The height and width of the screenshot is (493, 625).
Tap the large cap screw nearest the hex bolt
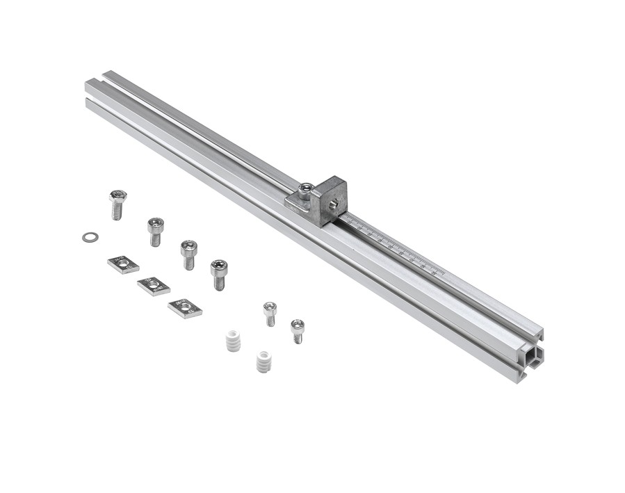(155, 229)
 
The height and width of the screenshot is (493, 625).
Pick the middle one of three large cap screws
(188, 253)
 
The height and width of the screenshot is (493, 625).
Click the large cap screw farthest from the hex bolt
(219, 273)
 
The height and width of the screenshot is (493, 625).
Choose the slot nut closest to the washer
(123, 264)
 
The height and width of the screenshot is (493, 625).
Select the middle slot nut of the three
(154, 285)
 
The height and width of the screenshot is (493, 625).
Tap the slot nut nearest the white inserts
(185, 307)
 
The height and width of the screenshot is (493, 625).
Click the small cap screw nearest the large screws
(270, 313)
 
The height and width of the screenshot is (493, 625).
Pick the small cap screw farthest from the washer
(297, 330)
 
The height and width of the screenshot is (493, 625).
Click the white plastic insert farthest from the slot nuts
(262, 362)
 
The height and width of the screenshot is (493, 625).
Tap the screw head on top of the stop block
(306, 188)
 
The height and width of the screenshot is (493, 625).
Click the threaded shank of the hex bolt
(117, 210)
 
